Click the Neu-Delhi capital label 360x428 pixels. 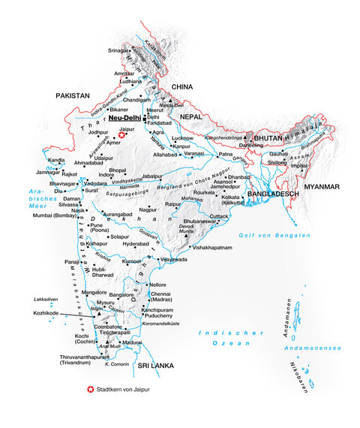(124, 118)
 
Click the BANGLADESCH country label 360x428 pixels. (268, 194)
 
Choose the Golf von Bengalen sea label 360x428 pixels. (284, 236)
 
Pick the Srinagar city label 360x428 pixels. (118, 50)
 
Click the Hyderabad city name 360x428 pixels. (136, 244)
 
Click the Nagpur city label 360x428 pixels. (148, 209)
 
